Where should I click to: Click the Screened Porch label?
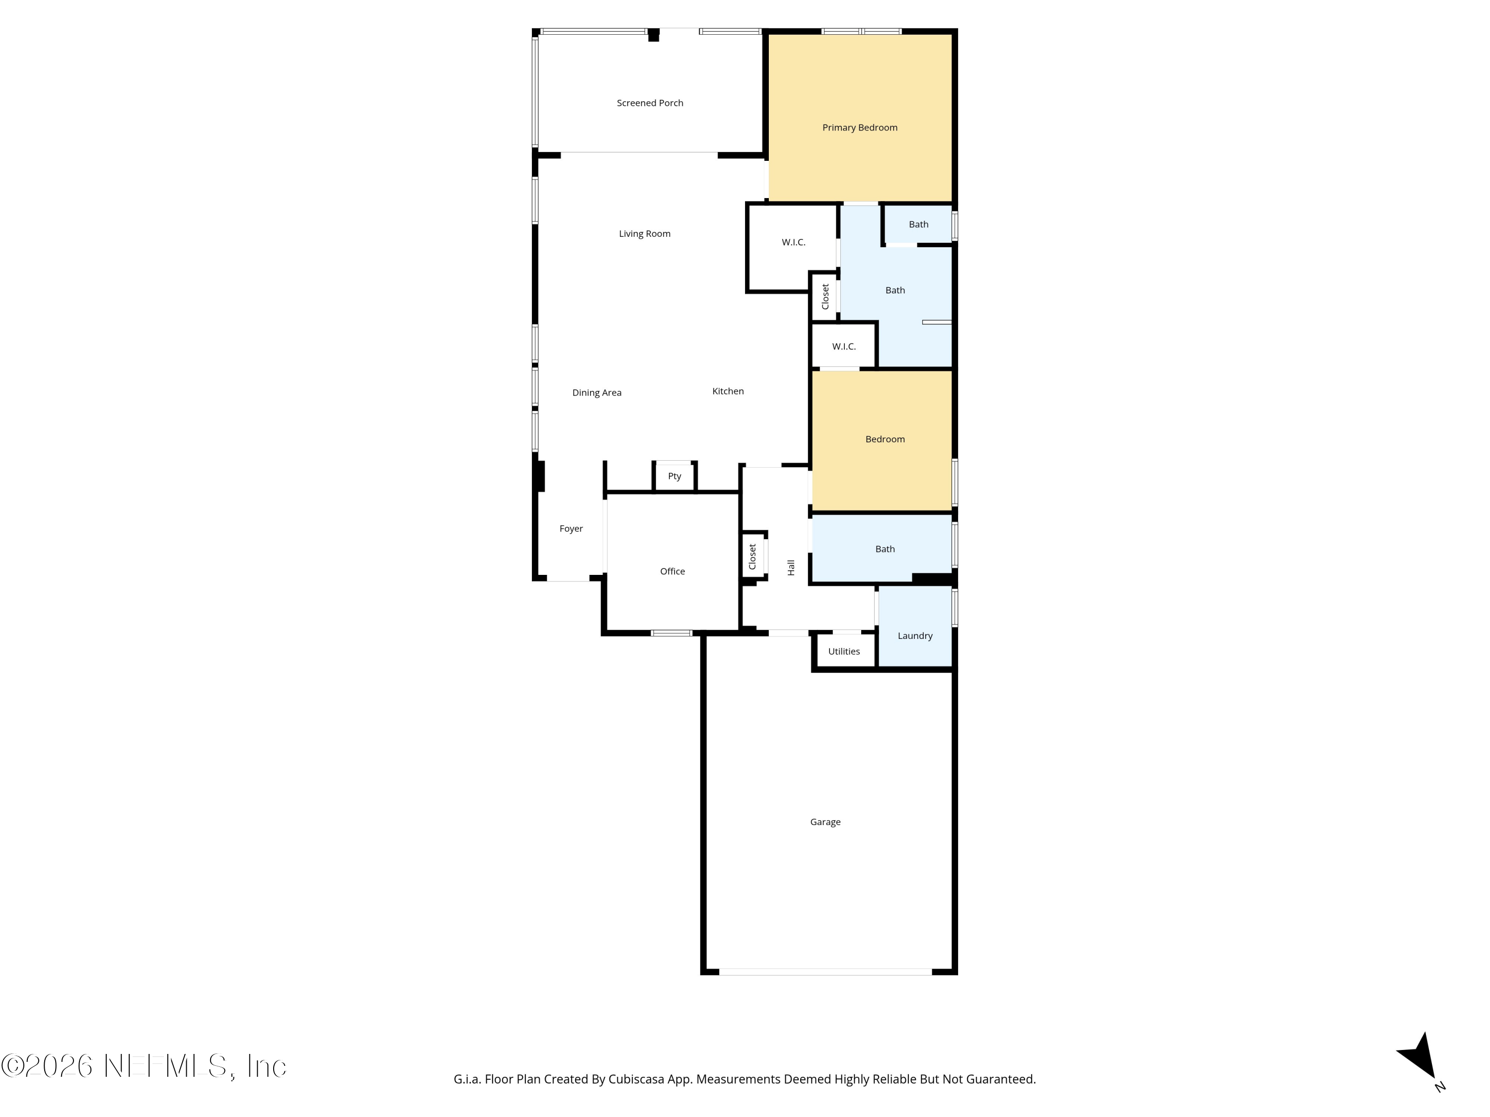650,103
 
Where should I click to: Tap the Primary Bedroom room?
860,118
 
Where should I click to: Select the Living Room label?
645,234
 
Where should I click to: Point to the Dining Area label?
597,393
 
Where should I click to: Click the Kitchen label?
728,391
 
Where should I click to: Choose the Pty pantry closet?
674,477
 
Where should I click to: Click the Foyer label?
571,529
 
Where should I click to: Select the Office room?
672,562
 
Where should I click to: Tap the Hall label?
791,567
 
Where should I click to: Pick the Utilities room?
844,651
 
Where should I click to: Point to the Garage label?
825,822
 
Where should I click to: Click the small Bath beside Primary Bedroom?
918,224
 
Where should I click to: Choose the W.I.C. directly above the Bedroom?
843,346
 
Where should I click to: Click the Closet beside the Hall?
752,556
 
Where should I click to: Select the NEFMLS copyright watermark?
144,1066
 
